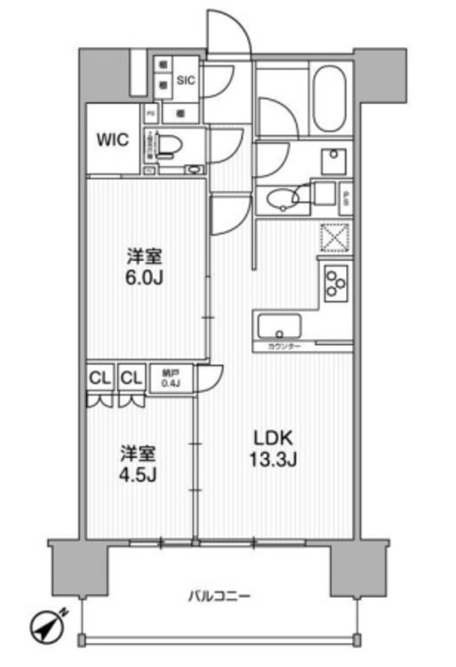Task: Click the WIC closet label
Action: pos(113,139)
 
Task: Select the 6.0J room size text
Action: pos(144,278)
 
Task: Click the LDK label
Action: pos(271,438)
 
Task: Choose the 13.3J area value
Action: pos(272,460)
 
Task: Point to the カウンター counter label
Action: pos(284,347)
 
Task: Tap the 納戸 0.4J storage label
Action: pos(170,378)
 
